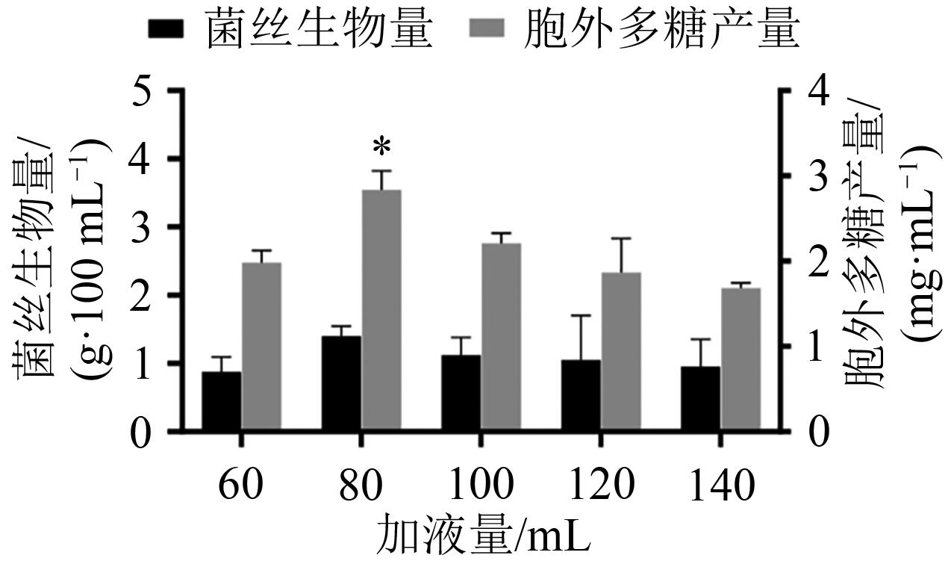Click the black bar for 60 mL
click(x=222, y=401)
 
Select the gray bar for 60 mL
click(x=261, y=347)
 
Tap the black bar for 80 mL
click(x=341, y=383)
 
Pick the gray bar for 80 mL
click(x=381, y=310)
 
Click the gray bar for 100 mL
click(x=501, y=337)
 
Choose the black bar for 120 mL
click(x=581, y=395)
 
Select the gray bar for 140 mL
click(x=740, y=359)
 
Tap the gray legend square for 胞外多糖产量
click(x=486, y=30)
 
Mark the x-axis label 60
click(x=240, y=486)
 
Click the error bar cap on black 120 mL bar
click(x=581, y=316)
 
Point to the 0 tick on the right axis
click(x=819, y=432)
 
